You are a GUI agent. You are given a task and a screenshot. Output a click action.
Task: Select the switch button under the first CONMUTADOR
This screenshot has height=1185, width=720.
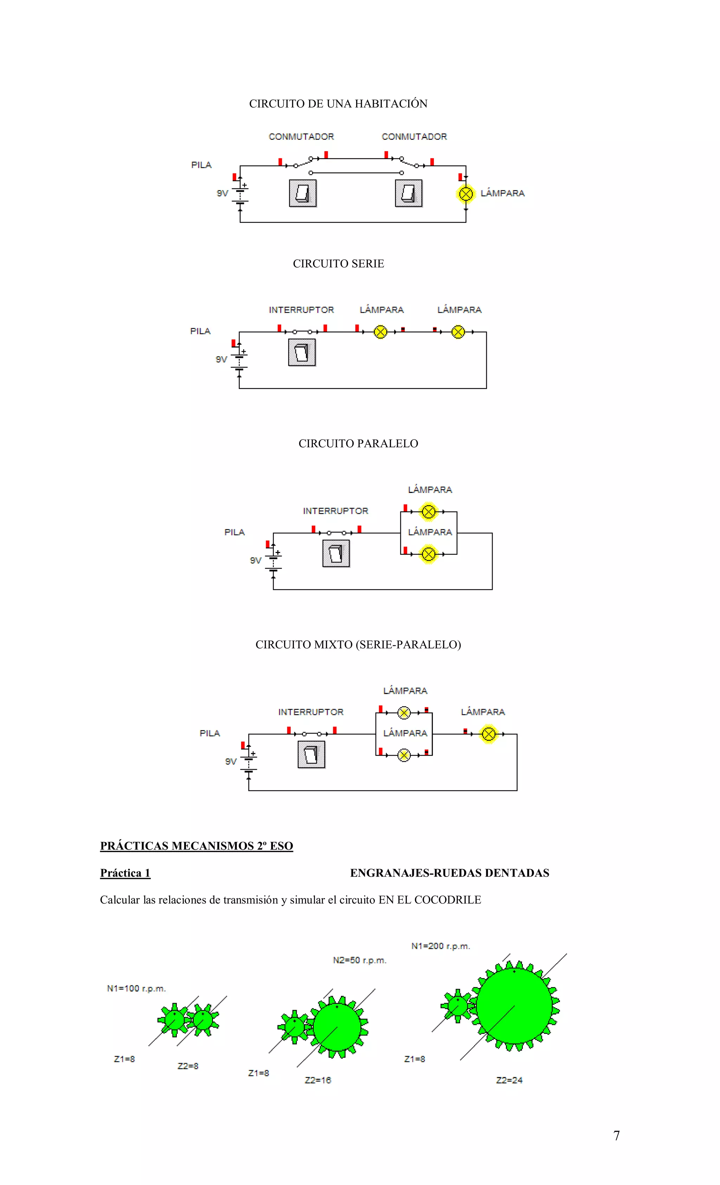click(x=302, y=193)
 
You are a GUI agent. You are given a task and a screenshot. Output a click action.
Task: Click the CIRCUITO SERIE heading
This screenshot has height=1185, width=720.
click(x=338, y=263)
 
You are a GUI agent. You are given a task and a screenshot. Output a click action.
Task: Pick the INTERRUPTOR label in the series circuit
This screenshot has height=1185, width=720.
click(x=301, y=310)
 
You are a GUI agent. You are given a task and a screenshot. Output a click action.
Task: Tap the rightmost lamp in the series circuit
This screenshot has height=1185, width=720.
click(x=458, y=332)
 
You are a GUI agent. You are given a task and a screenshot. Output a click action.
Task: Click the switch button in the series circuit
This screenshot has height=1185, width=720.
click(x=302, y=352)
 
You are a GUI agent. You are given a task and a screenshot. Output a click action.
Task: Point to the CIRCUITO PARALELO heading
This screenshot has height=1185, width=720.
click(x=358, y=443)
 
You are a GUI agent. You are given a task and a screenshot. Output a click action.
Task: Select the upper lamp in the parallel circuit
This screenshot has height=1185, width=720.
click(x=428, y=512)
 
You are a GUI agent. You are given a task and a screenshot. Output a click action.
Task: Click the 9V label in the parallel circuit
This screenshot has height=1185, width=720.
click(x=256, y=560)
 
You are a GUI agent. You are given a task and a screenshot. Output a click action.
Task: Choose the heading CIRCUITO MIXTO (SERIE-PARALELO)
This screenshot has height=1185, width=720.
click(x=358, y=644)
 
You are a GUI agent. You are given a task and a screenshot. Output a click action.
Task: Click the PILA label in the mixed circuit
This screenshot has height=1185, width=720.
click(x=210, y=733)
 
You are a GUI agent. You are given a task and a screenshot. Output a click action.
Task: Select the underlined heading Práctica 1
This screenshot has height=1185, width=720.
click(x=125, y=873)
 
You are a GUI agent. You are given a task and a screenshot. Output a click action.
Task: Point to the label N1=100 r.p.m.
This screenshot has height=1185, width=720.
click(x=136, y=988)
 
